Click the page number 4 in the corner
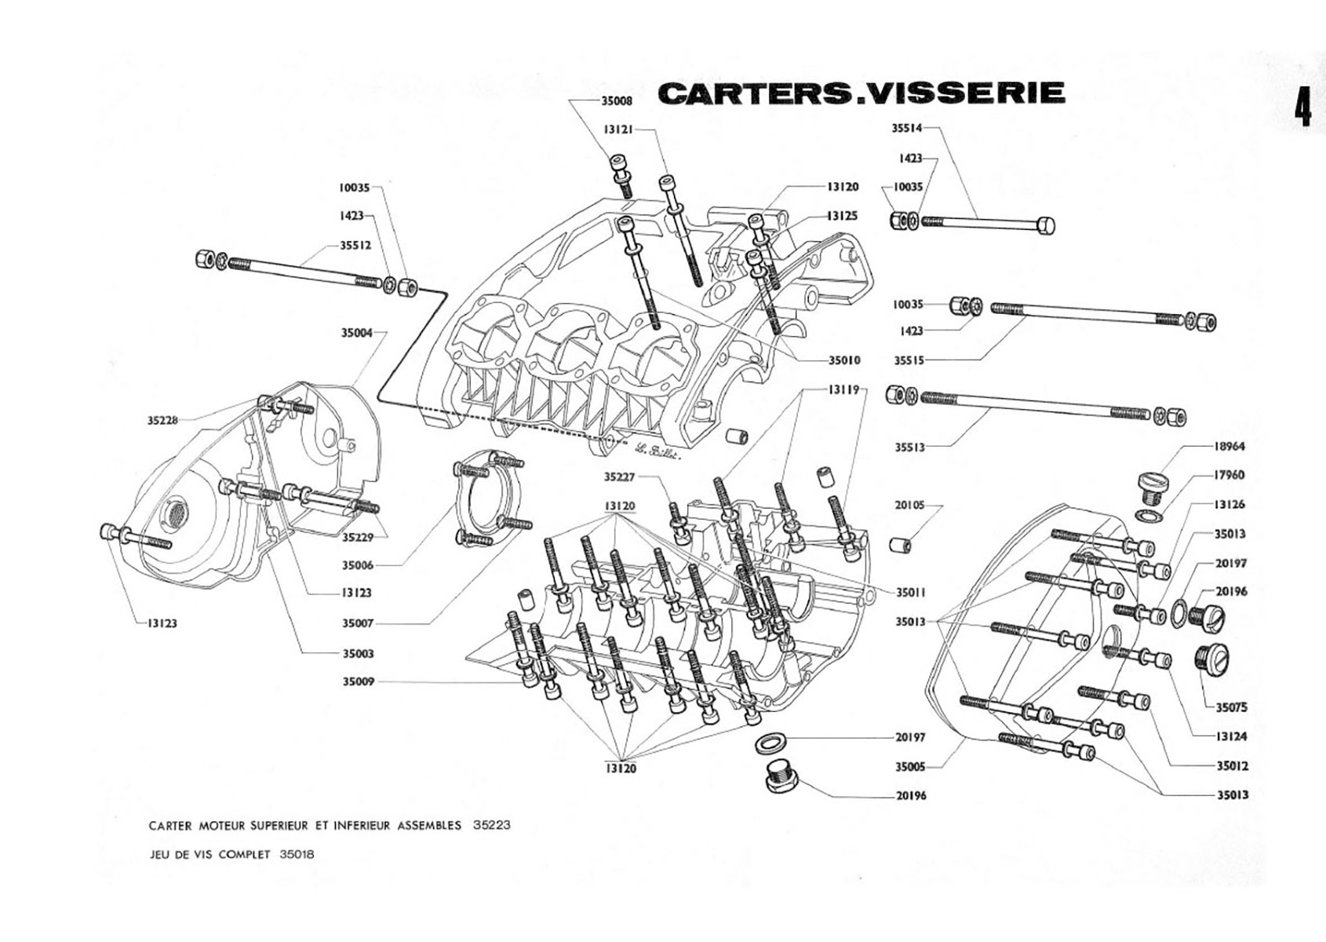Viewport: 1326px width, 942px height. [1302, 110]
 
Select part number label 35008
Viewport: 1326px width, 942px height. [617, 100]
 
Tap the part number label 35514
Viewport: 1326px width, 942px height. [908, 130]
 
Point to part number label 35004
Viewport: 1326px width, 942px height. [356, 333]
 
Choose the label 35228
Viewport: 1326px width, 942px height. [163, 420]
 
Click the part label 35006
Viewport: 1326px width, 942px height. [357, 565]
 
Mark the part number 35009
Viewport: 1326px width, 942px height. [357, 681]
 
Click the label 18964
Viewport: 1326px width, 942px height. [1229, 446]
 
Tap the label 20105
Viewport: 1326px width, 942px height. [910, 506]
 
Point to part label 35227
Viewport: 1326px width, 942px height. [620, 476]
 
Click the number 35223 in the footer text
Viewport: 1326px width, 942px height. [493, 825]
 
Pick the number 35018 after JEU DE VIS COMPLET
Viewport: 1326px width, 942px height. [297, 854]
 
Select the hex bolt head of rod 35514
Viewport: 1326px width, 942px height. [1045, 226]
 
